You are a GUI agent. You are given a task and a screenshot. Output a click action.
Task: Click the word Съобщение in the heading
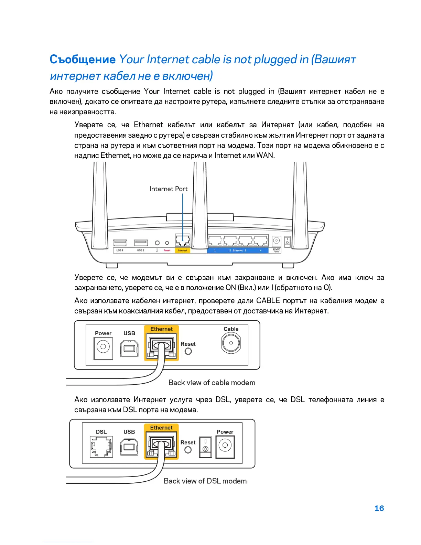click(83, 60)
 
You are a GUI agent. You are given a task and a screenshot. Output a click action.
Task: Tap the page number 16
click(379, 508)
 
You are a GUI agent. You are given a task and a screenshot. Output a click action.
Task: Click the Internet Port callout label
click(169, 189)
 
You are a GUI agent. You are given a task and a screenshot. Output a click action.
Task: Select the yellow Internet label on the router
click(182, 250)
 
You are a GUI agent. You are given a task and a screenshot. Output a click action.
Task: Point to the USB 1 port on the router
click(120, 243)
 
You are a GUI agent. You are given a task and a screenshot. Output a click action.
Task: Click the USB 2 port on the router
click(141, 243)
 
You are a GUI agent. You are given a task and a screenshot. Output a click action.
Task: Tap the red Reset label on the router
click(167, 250)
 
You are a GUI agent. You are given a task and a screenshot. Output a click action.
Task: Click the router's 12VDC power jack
click(277, 241)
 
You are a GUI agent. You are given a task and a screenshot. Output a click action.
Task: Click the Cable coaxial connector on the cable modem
click(231, 343)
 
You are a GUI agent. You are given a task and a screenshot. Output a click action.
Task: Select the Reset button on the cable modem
click(188, 351)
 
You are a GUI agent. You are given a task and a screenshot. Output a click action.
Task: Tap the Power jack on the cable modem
click(103, 347)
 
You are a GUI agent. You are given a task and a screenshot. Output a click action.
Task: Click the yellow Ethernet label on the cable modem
click(161, 329)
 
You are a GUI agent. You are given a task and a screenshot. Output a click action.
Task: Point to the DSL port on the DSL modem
click(101, 447)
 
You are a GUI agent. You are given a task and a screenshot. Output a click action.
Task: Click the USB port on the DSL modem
click(129, 447)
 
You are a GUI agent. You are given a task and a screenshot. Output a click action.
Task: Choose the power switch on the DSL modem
click(205, 446)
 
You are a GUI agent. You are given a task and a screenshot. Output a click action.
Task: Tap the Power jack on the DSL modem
click(225, 446)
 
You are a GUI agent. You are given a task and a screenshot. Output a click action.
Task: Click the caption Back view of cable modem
click(212, 383)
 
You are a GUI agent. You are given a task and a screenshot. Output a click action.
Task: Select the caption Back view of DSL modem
click(205, 481)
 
